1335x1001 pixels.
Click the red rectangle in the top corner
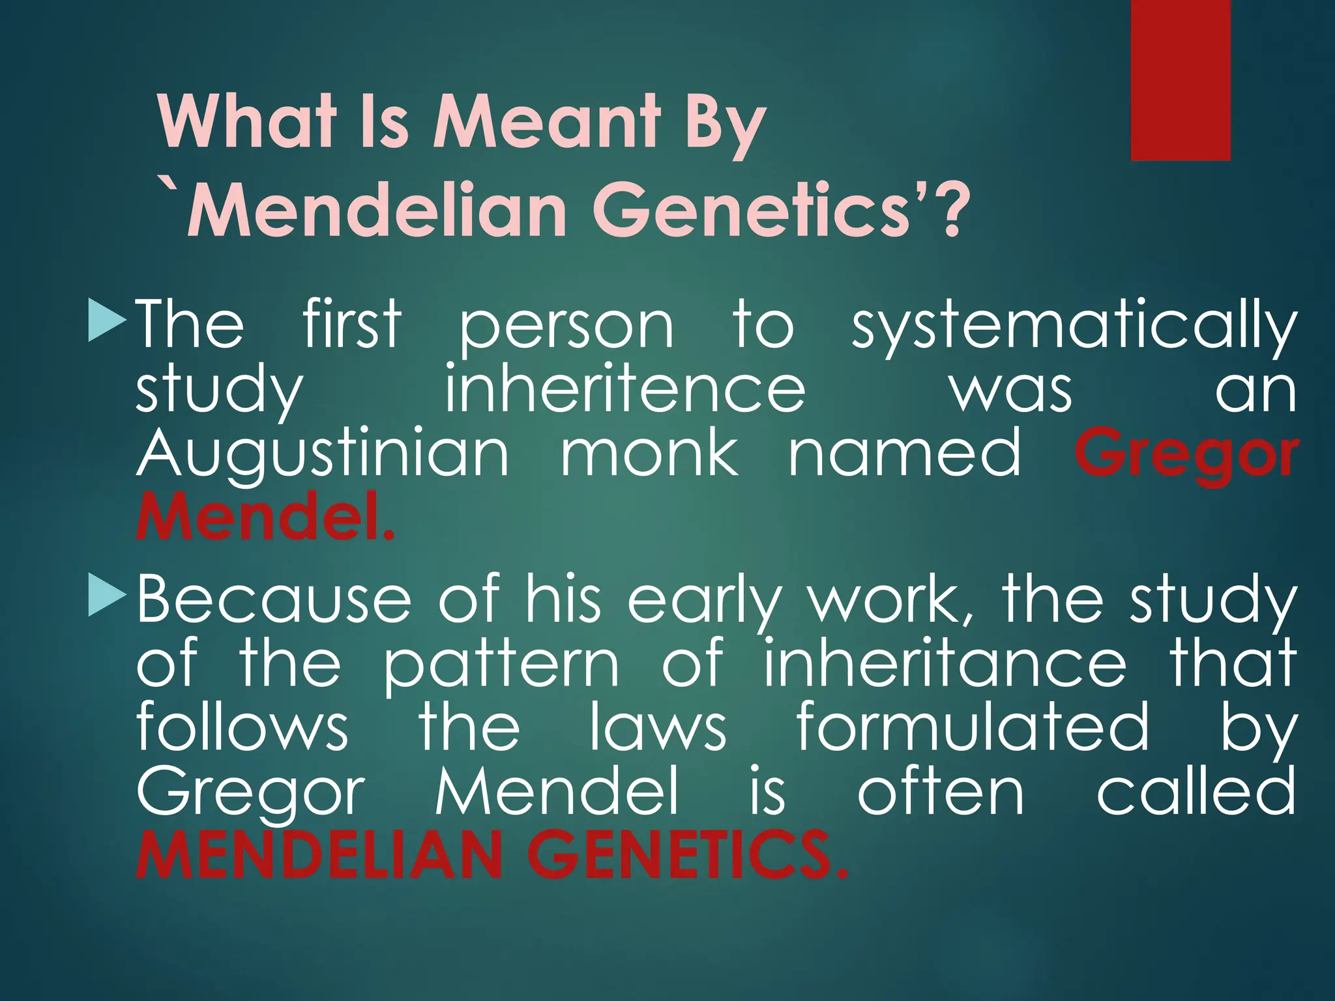[1181, 80]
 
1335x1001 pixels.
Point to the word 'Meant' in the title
[546, 122]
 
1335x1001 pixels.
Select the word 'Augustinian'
[322, 456]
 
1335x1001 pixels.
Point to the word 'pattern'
[501, 665]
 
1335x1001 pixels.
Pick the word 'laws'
[658, 726]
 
